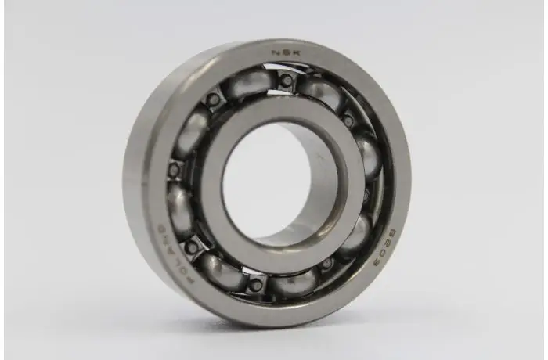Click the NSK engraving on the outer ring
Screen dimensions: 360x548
point(283,53)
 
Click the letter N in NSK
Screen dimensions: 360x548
point(275,53)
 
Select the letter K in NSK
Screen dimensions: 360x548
point(292,54)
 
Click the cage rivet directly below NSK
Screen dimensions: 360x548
point(287,79)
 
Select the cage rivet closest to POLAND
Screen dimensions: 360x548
point(190,248)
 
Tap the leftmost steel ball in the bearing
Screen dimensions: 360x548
point(179,207)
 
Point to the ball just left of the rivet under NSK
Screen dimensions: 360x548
point(249,83)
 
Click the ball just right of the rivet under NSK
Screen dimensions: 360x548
point(322,92)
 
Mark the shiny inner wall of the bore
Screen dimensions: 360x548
point(321,188)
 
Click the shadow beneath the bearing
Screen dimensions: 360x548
point(258,329)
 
